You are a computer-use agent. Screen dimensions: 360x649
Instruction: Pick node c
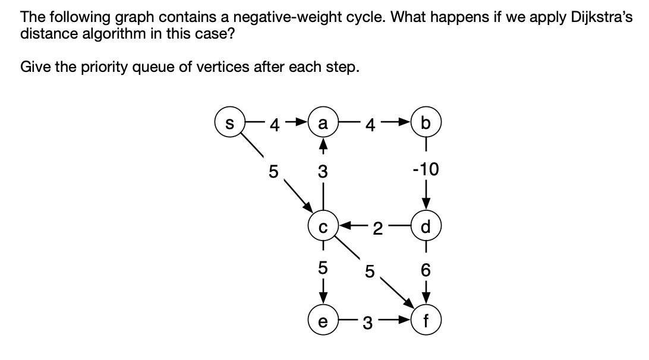323,226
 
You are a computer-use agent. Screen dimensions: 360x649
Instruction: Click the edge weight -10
425,171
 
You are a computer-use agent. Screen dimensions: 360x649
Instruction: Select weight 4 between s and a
274,125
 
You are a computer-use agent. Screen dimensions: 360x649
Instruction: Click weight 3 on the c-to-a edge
323,172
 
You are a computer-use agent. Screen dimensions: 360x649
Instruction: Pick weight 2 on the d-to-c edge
376,227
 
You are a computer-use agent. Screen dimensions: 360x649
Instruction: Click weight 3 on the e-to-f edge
368,324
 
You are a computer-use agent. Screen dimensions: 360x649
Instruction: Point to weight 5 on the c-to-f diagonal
369,271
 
